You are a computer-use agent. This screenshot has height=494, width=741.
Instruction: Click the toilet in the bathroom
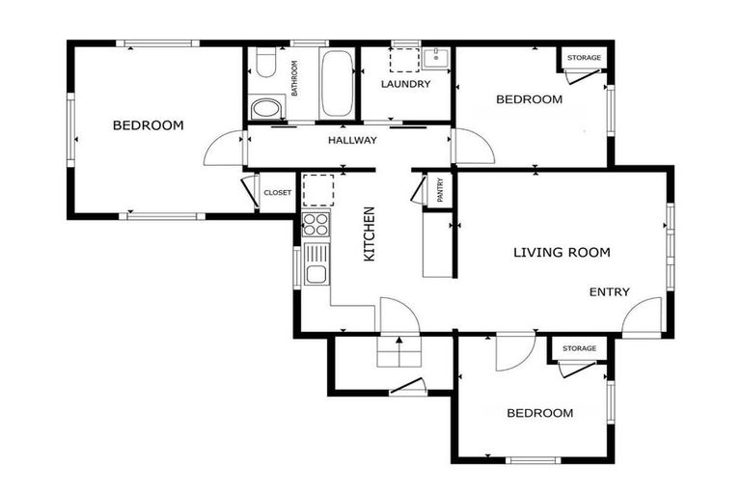266,63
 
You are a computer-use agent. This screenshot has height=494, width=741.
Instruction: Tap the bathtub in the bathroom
337,84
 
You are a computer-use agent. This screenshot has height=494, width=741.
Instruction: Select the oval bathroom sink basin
266,108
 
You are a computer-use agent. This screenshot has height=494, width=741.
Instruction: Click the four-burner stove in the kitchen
316,224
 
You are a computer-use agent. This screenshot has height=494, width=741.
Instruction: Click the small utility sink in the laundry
436,58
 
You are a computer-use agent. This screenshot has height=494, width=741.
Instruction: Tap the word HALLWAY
352,141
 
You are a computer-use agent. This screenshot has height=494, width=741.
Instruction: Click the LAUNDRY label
406,84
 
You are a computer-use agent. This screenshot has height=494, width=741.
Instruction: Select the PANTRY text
440,190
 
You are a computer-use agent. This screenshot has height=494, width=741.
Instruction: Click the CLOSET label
278,193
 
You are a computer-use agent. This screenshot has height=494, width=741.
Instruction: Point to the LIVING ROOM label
562,253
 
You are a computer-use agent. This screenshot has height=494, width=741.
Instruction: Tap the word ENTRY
610,292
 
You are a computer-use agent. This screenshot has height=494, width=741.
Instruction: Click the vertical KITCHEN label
370,234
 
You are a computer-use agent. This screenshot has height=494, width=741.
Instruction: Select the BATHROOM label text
295,78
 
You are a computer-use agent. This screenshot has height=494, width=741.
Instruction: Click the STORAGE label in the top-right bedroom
584,58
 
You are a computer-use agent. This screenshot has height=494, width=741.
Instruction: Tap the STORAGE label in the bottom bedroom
579,348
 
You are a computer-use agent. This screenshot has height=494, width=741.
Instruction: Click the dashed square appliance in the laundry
404,60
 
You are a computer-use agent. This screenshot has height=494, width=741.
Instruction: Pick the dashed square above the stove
318,190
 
